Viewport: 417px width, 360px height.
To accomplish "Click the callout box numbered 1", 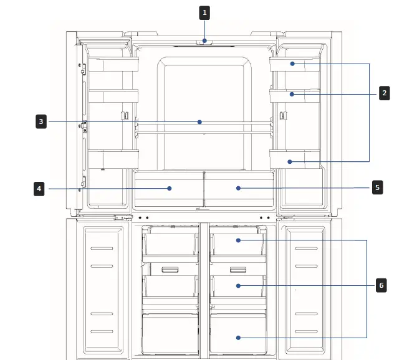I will [204, 11].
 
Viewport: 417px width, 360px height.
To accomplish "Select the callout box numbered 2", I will [385, 93].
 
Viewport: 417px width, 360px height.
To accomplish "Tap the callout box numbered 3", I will [40, 122].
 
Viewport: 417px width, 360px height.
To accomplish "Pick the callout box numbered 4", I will [40, 187].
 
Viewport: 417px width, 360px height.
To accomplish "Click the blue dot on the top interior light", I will [204, 42].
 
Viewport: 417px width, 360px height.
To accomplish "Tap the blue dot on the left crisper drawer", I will [170, 187].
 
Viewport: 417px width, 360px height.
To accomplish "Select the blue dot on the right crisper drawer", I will [237, 187].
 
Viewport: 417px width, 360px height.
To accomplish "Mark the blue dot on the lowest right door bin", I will [290, 161].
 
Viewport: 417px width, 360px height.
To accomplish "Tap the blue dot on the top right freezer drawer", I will [237, 240].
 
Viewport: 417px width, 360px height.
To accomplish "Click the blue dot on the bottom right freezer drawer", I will [237, 337].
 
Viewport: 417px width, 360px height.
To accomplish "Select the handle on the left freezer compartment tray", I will [170, 270].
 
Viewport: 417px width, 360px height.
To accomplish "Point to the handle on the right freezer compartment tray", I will [237, 270].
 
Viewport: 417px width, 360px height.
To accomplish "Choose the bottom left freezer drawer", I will [170, 335].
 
